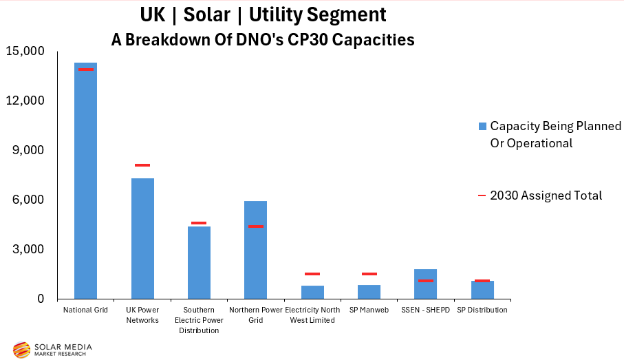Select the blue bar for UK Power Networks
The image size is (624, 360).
click(142, 238)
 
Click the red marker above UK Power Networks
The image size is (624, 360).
click(142, 165)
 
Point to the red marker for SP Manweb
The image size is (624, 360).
click(369, 274)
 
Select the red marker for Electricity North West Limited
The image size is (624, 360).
click(312, 274)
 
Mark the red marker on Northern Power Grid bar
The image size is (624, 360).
click(255, 226)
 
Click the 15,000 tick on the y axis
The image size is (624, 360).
click(25, 51)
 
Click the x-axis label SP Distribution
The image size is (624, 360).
click(482, 310)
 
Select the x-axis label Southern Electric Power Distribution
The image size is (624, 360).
click(199, 320)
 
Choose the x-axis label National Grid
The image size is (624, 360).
click(85, 310)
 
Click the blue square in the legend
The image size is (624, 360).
click(482, 126)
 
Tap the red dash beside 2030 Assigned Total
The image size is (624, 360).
click(482, 196)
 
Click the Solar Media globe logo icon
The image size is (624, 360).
click(21, 350)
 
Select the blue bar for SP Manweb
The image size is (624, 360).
click(369, 292)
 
